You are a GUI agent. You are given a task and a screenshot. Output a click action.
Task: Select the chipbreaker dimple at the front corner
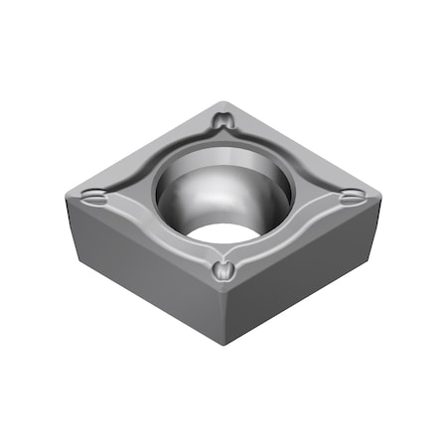click(x=223, y=269)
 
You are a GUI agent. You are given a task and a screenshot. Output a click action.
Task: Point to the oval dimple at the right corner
click(x=351, y=200)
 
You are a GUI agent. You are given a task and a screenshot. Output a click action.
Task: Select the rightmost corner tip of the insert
click(x=380, y=202)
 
